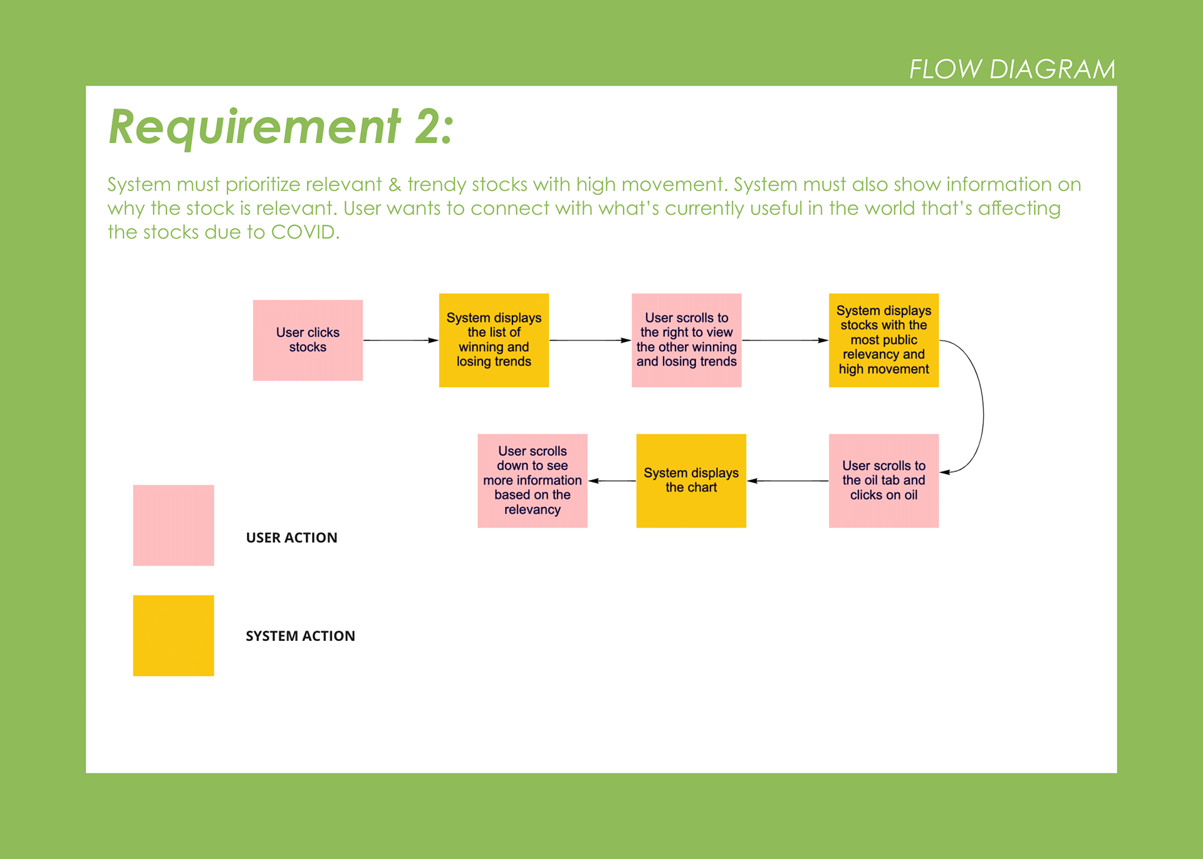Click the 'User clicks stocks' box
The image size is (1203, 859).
pyautogui.click(x=308, y=340)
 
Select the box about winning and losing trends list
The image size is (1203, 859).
pyautogui.click(x=494, y=340)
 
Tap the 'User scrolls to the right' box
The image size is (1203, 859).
pyautogui.click(x=686, y=340)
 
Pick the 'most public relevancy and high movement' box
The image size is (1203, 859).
pyautogui.click(x=883, y=340)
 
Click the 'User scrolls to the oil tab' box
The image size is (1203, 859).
pyautogui.click(x=883, y=481)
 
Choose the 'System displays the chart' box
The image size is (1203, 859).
pyautogui.click(x=691, y=481)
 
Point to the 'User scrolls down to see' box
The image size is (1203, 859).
pyautogui.click(x=533, y=481)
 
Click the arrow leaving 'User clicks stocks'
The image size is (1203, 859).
pyautogui.click(x=401, y=340)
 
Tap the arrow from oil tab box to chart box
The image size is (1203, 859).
pyautogui.click(x=788, y=481)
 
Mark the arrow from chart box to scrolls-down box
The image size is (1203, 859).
pyautogui.click(x=612, y=481)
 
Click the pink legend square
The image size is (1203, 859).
pyautogui.click(x=174, y=525)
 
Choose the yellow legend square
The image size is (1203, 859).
pyautogui.click(x=174, y=635)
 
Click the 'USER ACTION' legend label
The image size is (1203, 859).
pyautogui.click(x=291, y=538)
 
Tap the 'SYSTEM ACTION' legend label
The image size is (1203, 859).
pyautogui.click(x=300, y=636)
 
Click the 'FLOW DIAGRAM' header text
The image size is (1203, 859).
pyautogui.click(x=1012, y=69)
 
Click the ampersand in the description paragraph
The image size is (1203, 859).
pyautogui.click(x=395, y=184)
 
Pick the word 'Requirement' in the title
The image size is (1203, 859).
pyautogui.click(x=254, y=128)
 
